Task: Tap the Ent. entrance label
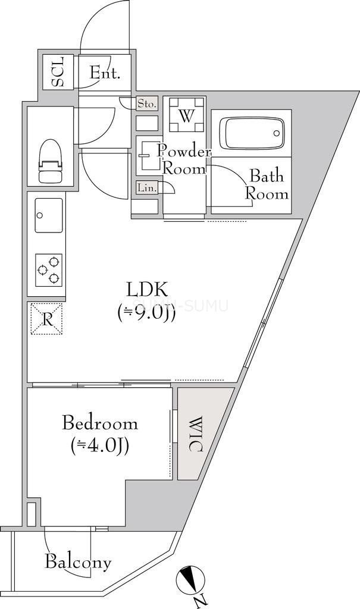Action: point(105,74)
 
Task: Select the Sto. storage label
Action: point(147,104)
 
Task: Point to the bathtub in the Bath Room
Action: point(252,134)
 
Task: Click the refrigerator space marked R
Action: point(47,319)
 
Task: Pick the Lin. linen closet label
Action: point(146,188)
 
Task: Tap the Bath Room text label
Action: point(267,185)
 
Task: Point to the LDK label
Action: point(148,290)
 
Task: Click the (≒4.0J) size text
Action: point(100,445)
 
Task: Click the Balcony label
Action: point(79,561)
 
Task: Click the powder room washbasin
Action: point(146,155)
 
